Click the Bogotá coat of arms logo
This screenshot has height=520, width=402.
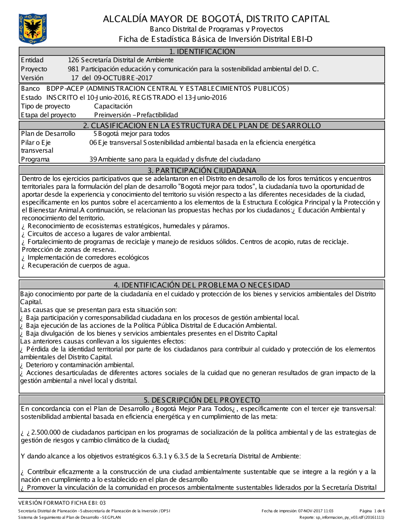click(x=33, y=29)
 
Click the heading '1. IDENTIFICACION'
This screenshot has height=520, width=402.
click(x=202, y=51)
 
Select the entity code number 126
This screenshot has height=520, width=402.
click(x=73, y=60)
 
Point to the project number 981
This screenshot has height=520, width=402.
click(x=73, y=69)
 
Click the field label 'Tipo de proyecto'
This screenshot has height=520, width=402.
click(x=45, y=106)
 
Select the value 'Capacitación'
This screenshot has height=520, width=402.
click(x=113, y=106)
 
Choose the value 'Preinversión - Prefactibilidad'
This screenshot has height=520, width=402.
click(x=136, y=115)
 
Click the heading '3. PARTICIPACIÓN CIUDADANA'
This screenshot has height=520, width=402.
click(x=202, y=170)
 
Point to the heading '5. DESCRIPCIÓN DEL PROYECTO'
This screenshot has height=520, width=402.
click(x=202, y=400)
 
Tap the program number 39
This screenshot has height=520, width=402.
click(x=93, y=160)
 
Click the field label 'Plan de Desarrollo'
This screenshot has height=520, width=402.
click(x=48, y=134)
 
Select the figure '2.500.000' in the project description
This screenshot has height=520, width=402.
click(x=46, y=433)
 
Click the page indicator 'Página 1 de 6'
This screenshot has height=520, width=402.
click(x=372, y=511)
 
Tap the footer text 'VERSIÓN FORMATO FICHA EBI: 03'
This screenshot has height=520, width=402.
click(x=62, y=503)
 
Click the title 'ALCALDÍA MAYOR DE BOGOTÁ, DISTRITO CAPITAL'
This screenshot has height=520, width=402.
click(x=216, y=19)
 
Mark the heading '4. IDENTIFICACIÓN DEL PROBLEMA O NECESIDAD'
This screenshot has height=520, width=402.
click(x=202, y=285)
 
